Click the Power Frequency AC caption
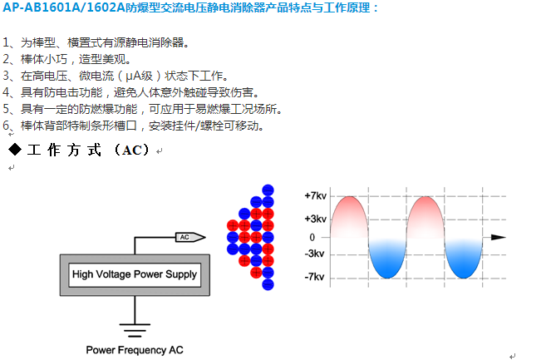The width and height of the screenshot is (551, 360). click(x=134, y=350)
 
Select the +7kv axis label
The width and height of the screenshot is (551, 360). click(x=316, y=196)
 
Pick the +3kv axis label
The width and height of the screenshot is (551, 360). click(x=316, y=219)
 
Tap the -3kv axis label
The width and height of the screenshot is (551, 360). click(x=315, y=254)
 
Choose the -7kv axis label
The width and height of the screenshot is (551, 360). click(x=315, y=278)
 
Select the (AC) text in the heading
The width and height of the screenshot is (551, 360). click(x=135, y=150)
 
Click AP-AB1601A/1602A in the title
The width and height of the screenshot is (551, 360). click(x=55, y=7)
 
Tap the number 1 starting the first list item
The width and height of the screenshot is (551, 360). click(x=7, y=42)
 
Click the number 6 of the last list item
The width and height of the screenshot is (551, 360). click(x=7, y=126)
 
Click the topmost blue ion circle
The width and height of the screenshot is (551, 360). click(x=268, y=190)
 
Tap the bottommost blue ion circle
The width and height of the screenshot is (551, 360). click(x=268, y=284)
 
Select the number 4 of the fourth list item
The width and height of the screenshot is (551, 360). click(x=7, y=92)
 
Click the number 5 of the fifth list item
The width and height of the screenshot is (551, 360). click(x=7, y=109)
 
